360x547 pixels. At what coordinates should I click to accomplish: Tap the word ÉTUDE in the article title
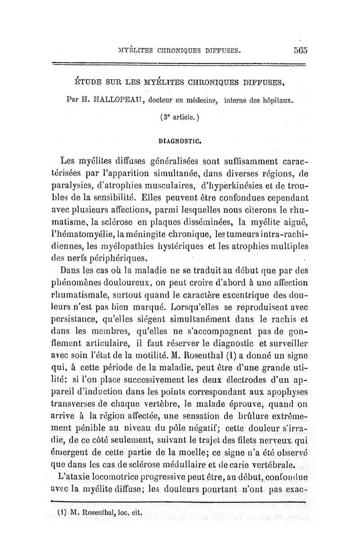(x=87, y=82)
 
